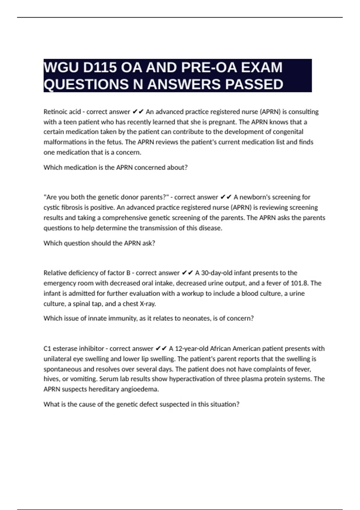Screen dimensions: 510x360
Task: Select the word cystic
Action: point(51,208)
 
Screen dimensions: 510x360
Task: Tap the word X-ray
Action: point(148,304)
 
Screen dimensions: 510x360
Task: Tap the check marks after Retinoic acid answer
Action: point(138,112)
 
